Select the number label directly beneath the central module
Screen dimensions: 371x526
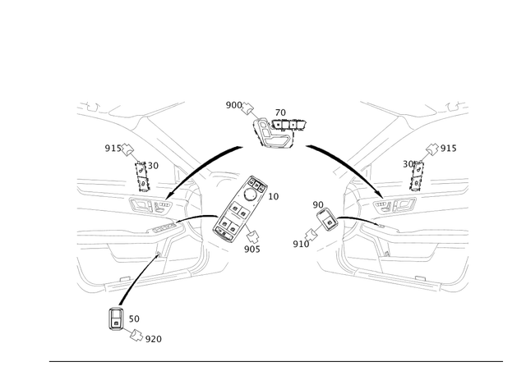[254, 249]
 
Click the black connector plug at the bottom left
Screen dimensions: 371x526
[116, 316]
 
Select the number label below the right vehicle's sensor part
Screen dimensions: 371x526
[303, 243]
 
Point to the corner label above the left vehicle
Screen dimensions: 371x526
[86, 105]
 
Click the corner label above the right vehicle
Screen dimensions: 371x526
[457, 104]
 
